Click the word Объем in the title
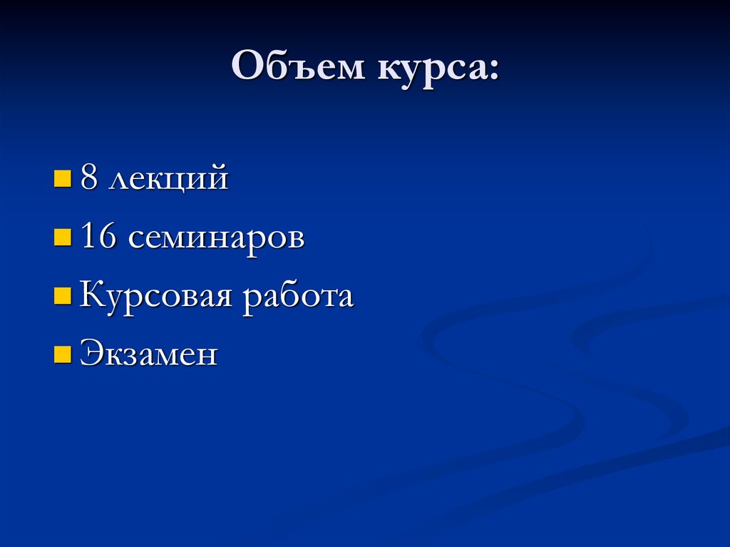coord(294,69)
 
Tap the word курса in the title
coord(426,69)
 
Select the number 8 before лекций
coord(89,178)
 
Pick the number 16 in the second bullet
coord(99,237)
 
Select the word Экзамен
coord(148,354)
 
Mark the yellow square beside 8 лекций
coord(63,178)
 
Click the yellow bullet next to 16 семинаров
coord(63,237)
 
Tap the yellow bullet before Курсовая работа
coord(63,295)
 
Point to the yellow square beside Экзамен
coord(63,354)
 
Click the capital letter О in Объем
coord(245,69)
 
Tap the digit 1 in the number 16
coord(88,237)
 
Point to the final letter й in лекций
coord(218,178)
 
